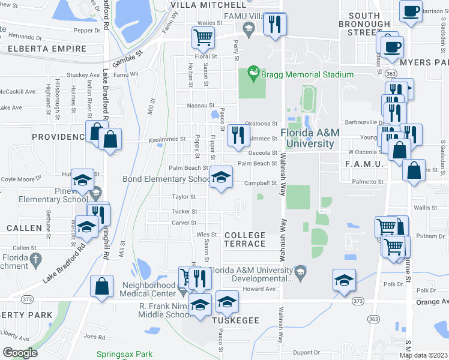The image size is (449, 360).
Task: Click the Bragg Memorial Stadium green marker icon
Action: [x=254, y=74]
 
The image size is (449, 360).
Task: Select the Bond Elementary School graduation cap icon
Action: [x=221, y=178]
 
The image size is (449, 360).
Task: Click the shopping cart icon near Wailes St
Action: [x=203, y=38]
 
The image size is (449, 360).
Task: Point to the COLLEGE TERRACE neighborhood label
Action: [x=244, y=239]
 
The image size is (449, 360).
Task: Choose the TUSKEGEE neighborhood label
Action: [x=237, y=320]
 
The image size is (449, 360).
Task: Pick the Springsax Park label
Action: [x=125, y=355]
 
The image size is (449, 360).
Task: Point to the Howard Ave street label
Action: [x=259, y=289]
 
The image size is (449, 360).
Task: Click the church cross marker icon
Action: [x=35, y=260]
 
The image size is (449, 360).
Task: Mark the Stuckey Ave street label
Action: [x=83, y=75]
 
